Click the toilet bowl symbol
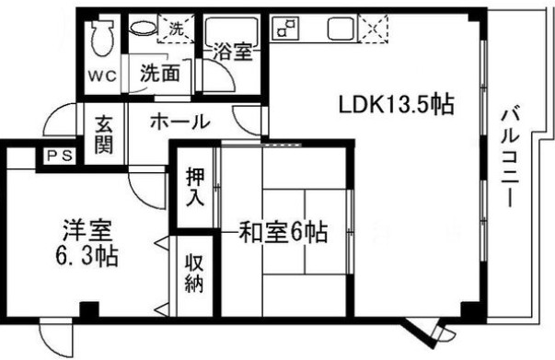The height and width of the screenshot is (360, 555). point(101,36)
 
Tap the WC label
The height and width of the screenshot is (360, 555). point(101,75)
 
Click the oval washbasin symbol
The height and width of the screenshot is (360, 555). point(143,29)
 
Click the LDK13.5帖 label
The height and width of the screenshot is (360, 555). point(397,104)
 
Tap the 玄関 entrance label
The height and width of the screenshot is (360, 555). point(102,133)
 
